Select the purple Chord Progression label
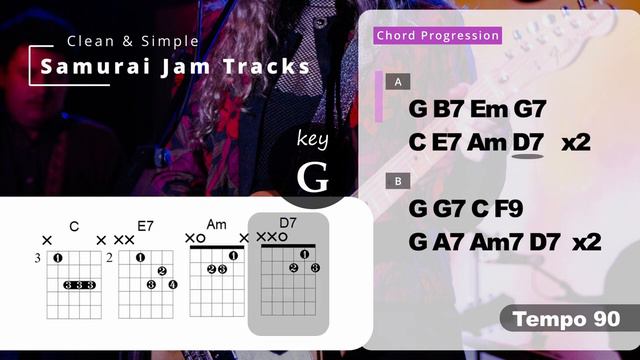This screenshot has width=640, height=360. click(x=437, y=35)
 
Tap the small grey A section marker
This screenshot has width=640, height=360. click(x=399, y=81)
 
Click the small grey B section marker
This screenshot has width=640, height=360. click(x=399, y=181)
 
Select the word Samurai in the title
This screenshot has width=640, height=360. click(x=94, y=67)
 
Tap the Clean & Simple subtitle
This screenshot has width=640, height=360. click(x=132, y=41)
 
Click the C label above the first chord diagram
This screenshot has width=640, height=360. click(x=74, y=227)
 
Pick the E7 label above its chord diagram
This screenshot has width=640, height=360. click(x=144, y=227)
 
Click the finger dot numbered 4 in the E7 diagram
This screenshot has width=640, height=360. click(x=172, y=285)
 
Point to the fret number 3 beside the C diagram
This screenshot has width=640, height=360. click(x=37, y=258)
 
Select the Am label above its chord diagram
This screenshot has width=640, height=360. click(x=217, y=223)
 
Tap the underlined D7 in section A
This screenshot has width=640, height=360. click(x=527, y=142)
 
